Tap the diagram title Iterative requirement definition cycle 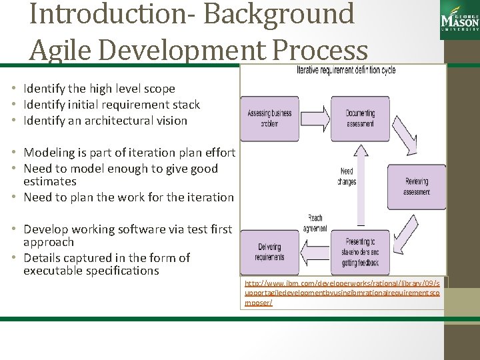[346, 71]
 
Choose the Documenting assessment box [360, 118]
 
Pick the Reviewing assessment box [417, 187]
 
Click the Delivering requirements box [269, 252]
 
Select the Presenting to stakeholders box [360, 252]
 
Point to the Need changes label [347, 176]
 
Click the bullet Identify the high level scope [99, 89]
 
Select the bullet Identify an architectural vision [105, 121]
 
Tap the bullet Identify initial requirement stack [111, 105]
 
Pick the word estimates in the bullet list [49, 181]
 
